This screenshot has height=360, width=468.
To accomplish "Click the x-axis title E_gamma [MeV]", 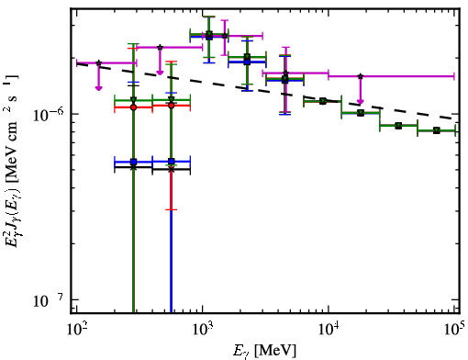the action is tap(264, 350).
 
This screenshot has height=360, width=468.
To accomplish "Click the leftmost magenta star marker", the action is tap(98, 62).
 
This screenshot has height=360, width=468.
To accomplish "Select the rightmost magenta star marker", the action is tap(361, 76).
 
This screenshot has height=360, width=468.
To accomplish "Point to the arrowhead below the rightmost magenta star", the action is tap(361, 102).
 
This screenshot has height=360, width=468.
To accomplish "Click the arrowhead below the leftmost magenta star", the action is tap(98, 88).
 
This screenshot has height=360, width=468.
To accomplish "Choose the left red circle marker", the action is tap(133, 107).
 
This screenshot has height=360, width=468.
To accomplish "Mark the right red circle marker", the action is tap(172, 106).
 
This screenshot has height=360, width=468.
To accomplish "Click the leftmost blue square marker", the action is tap(133, 162).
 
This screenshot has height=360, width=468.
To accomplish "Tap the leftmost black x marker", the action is tap(133, 167).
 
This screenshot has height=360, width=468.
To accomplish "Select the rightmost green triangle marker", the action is tap(437, 130).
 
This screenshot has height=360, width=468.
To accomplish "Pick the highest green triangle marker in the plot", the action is tap(209, 34).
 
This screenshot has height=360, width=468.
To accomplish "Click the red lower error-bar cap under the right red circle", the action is tap(172, 209).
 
